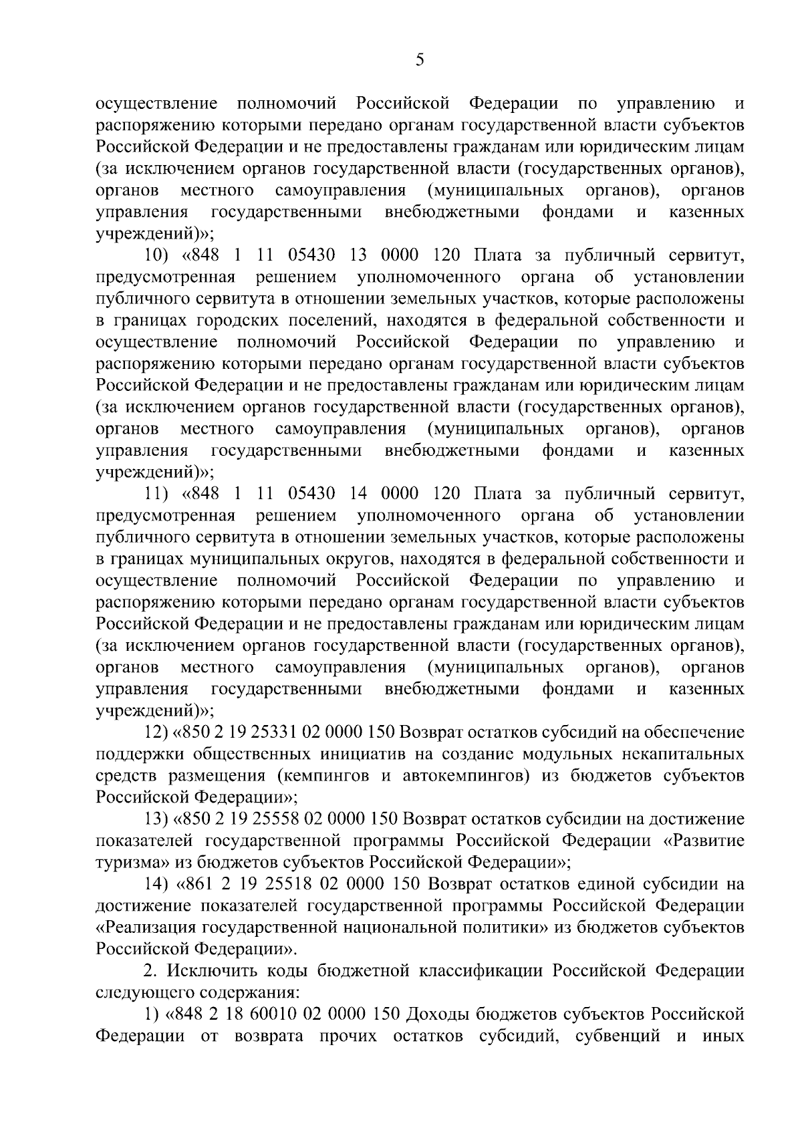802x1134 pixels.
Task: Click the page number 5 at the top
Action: (419, 61)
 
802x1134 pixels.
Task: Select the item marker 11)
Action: (159, 494)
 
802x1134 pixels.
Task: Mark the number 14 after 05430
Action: (358, 494)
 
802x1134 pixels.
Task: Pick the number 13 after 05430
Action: (358, 256)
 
